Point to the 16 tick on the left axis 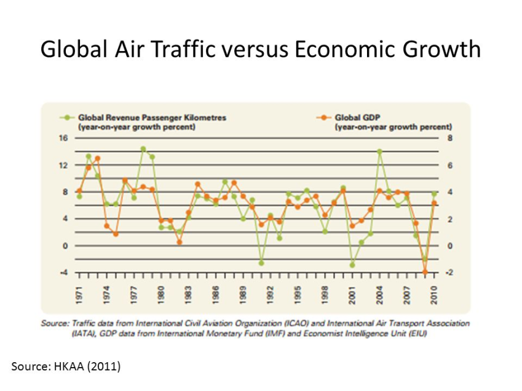pos(62,138)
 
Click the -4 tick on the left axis pos(62,273)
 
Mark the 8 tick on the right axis pos(449,138)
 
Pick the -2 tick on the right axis pos(449,273)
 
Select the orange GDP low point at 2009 pos(425,272)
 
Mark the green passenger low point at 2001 pos(352,265)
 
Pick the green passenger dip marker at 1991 pos(261,263)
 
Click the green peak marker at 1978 pos(143,149)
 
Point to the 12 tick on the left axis pos(62,165)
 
